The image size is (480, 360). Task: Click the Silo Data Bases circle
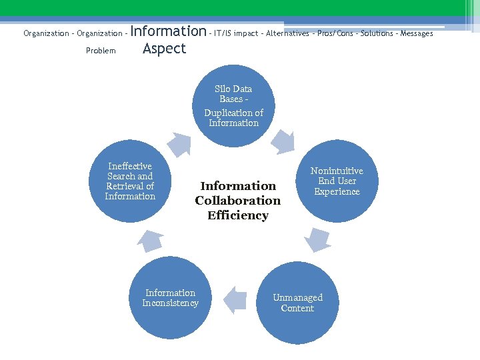233,105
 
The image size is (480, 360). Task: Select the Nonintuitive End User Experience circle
337,181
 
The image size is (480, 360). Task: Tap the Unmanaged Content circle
297,303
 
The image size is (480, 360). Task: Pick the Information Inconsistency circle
171,298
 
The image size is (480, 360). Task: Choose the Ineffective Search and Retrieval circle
130,181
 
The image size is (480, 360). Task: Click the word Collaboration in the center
238,201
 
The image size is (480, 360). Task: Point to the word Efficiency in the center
238,215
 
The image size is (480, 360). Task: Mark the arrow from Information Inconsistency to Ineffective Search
151,240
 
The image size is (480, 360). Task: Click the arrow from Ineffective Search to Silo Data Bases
179,142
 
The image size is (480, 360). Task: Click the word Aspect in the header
164,49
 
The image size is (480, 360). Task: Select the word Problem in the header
101,51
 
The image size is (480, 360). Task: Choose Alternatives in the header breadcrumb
287,33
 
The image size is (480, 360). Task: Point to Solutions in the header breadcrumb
377,33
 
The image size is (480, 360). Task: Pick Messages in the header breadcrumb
417,33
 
